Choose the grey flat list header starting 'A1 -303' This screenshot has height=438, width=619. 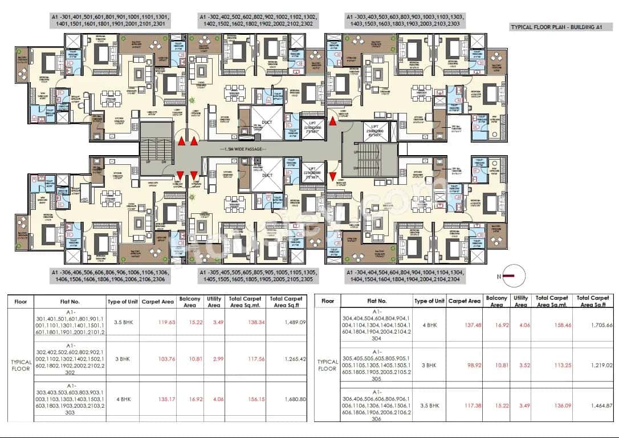coord(405,22)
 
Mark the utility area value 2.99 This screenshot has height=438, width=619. coord(214,359)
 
